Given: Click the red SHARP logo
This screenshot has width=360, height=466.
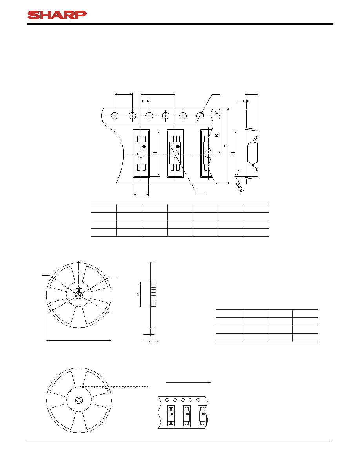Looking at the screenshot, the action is [x=57, y=15].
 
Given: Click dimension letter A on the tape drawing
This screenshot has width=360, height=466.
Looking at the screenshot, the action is [x=225, y=146].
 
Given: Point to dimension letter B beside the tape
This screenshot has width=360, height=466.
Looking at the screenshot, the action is [x=217, y=135].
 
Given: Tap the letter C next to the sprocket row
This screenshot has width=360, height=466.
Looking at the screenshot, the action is [x=217, y=112].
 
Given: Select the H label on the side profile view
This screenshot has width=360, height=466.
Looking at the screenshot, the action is [x=233, y=153].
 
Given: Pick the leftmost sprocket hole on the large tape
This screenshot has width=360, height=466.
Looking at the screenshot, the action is [x=115, y=115].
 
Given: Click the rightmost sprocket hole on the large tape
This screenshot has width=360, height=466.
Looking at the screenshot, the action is [x=200, y=115].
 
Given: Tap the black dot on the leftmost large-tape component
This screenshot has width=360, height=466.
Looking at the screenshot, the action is [x=144, y=146].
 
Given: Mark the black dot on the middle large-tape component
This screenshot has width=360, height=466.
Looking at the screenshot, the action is [x=178, y=146].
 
